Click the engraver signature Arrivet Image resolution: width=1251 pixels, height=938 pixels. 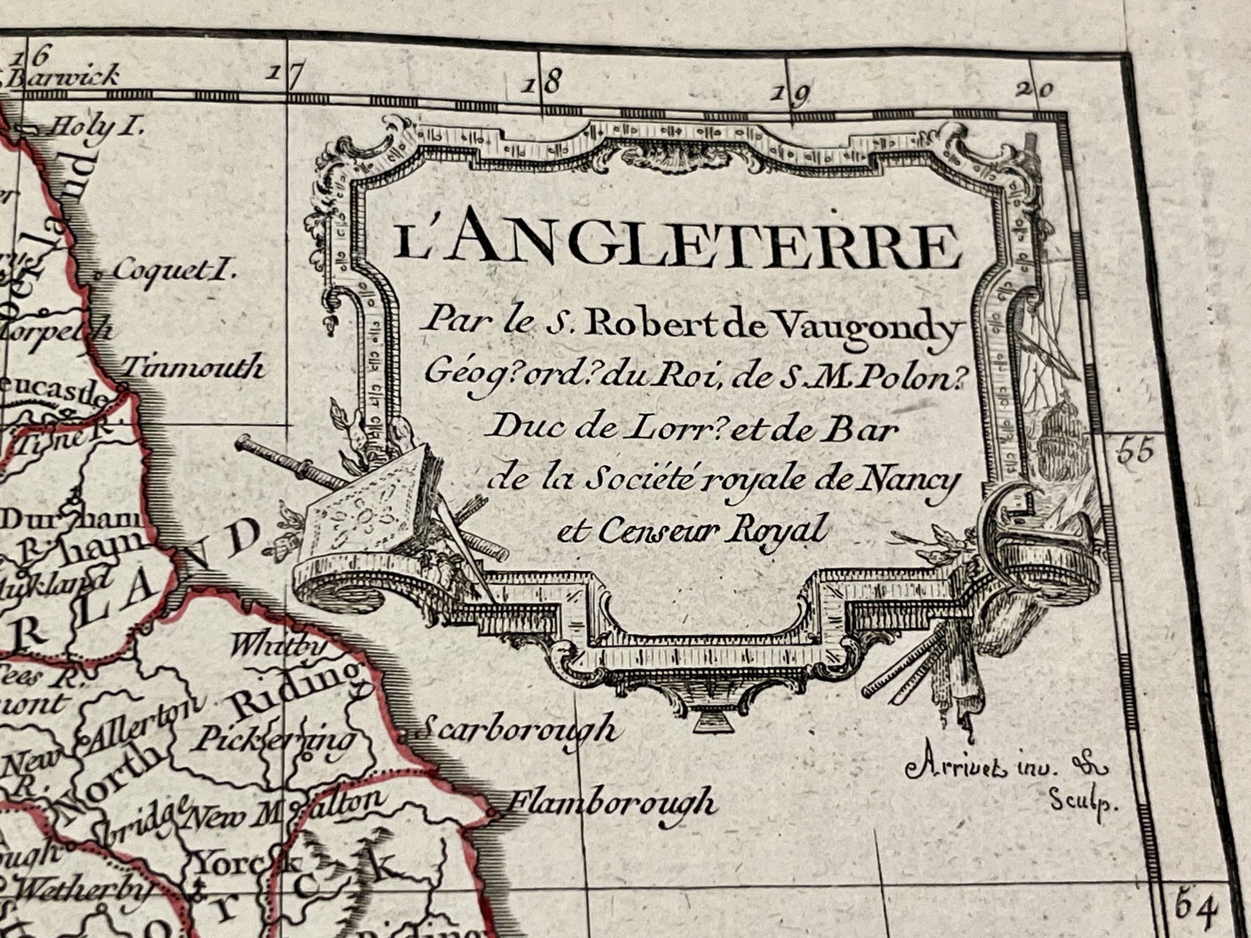click(x=955, y=767)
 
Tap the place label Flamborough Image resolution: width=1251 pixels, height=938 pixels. click(x=611, y=803)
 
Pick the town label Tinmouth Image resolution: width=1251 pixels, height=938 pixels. click(x=193, y=368)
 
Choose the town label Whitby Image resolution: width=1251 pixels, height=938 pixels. click(x=276, y=646)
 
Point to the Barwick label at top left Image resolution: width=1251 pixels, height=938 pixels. click(x=64, y=77)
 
